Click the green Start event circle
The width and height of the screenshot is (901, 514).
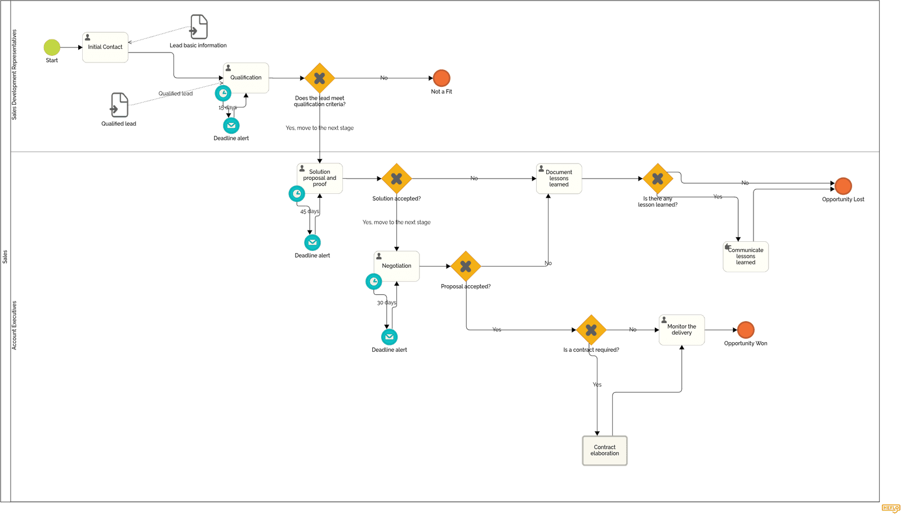click(52, 47)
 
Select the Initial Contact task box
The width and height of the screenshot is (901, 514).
click(105, 47)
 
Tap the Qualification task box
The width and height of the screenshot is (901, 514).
click(246, 78)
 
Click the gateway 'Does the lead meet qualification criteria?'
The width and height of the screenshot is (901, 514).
click(320, 78)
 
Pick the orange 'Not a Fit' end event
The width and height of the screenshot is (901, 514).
click(441, 78)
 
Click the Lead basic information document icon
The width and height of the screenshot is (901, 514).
click(199, 26)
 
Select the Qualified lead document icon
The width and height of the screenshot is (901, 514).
click(119, 105)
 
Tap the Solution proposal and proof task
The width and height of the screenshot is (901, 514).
click(320, 178)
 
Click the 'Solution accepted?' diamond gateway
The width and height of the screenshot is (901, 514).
click(396, 179)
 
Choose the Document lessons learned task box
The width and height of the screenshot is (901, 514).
click(559, 179)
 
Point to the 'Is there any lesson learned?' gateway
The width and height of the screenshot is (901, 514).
click(658, 179)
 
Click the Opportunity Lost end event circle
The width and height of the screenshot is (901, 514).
click(843, 185)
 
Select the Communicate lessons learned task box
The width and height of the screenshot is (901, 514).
click(746, 256)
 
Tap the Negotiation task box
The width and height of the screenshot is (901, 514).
click(397, 266)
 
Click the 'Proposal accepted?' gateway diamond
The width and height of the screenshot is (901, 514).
click(466, 266)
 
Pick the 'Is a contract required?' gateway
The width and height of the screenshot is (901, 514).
click(591, 330)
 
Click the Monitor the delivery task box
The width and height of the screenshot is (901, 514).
click(682, 330)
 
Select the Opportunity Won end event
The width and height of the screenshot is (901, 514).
click(746, 330)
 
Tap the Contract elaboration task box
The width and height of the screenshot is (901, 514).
click(605, 450)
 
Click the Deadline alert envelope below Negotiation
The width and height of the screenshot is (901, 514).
click(389, 337)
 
